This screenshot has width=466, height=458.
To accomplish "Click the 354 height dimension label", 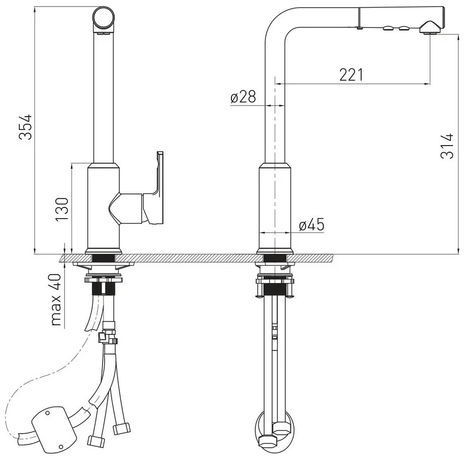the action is click(x=25, y=126).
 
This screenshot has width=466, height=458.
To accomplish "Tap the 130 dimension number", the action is click(x=62, y=209).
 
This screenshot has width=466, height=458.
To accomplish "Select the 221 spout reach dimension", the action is click(x=351, y=75).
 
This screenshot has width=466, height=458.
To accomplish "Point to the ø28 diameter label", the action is click(x=243, y=96).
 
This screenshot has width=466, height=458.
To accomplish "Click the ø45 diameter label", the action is click(x=312, y=225).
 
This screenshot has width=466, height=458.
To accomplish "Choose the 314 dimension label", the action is click(x=447, y=146).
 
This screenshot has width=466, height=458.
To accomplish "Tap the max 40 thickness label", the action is click(x=56, y=300).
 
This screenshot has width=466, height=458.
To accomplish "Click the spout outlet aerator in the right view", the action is click(x=429, y=27).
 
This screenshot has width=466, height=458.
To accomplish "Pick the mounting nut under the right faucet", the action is click(x=275, y=280).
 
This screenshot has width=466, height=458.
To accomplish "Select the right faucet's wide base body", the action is click(x=275, y=208).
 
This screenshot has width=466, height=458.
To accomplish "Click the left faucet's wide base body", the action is click(x=103, y=208).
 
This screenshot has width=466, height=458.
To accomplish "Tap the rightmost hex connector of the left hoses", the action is click(x=121, y=429).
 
